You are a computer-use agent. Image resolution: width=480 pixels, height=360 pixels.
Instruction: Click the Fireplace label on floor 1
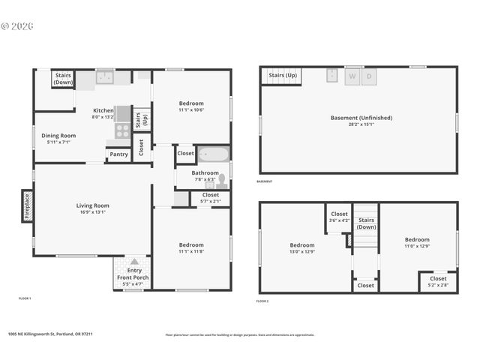(26, 205)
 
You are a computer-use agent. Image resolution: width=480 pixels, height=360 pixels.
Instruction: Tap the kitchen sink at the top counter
(104, 76)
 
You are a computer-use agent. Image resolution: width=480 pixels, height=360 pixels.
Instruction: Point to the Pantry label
(118, 154)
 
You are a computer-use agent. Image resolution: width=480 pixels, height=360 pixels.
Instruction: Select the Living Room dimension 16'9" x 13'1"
(93, 211)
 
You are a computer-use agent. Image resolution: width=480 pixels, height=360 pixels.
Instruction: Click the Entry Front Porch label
(133, 274)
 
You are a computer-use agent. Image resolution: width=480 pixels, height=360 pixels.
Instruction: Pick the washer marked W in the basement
(352, 76)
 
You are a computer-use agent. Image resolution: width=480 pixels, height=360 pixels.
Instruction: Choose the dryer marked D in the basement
(369, 76)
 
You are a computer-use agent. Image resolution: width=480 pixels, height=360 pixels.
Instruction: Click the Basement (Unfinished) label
(361, 118)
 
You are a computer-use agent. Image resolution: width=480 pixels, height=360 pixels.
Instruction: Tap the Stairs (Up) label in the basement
(283, 76)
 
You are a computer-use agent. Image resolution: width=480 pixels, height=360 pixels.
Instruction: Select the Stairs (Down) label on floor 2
(366, 223)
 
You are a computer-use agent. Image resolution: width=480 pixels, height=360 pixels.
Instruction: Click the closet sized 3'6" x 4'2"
(339, 217)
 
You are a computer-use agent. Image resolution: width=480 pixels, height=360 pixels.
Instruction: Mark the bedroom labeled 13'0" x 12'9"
(302, 248)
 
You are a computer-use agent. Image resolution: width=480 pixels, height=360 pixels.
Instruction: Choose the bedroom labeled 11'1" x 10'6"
(191, 106)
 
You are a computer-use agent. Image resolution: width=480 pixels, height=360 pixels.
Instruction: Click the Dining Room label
(58, 138)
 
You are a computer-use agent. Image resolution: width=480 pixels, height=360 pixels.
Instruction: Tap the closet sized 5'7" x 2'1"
(211, 198)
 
